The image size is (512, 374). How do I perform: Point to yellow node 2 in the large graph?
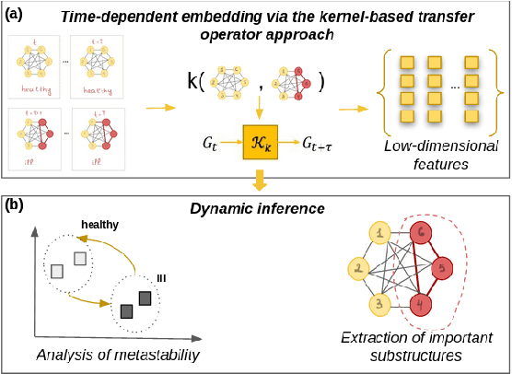tap(357, 269)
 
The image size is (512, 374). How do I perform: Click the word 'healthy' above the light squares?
tap(100, 224)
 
